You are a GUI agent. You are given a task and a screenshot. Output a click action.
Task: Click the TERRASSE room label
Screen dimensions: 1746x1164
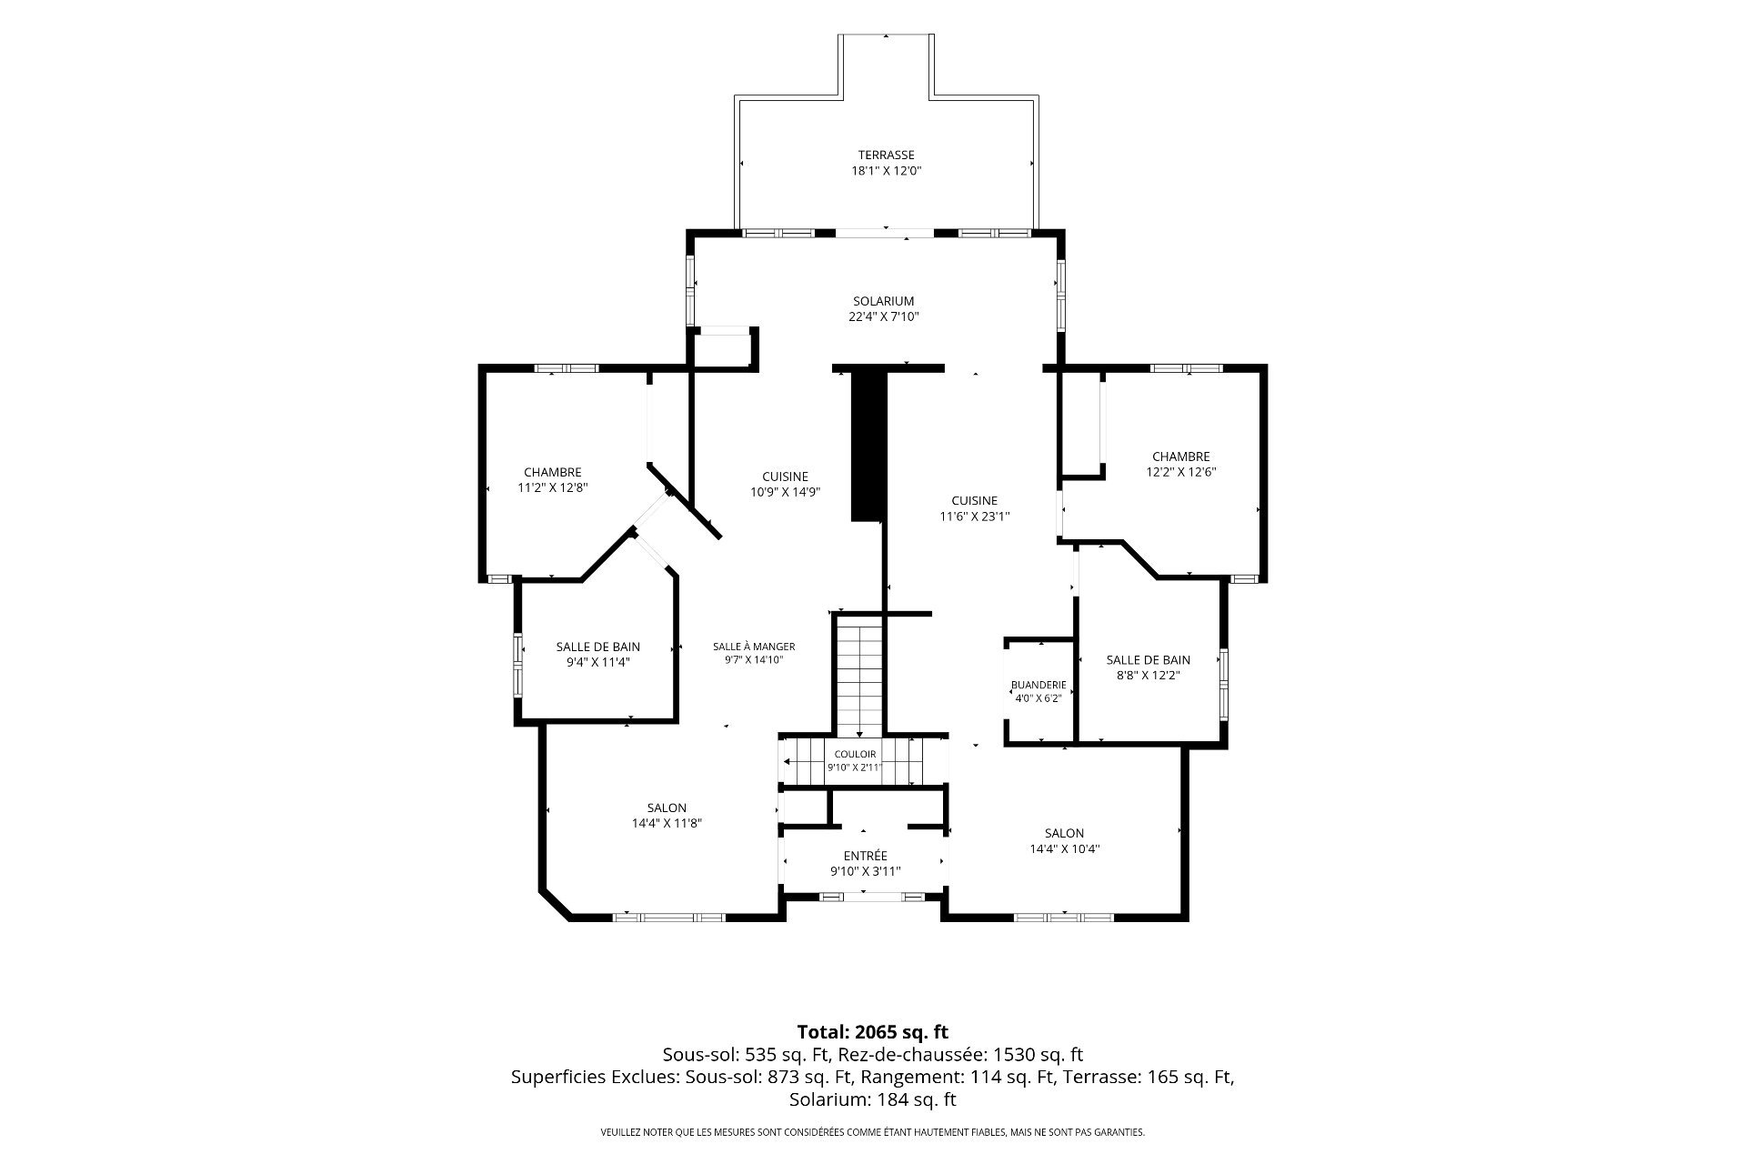coord(886,155)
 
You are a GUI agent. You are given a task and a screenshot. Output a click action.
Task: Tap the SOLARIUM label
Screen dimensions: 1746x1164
coord(883,301)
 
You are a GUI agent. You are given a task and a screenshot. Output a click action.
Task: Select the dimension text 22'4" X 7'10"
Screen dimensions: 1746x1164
coord(883,317)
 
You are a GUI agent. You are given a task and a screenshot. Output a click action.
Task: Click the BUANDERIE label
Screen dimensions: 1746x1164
coord(1038,685)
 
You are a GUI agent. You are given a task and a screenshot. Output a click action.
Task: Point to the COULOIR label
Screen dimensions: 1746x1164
coord(855,754)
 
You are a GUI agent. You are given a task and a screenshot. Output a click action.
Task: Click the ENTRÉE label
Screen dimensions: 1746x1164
coord(865,856)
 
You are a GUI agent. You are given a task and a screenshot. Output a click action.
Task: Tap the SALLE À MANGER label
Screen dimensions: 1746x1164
coord(754,647)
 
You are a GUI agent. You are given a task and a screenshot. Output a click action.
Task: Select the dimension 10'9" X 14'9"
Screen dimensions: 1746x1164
coord(785,492)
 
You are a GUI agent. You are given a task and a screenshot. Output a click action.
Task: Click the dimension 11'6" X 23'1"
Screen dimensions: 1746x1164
coord(975,517)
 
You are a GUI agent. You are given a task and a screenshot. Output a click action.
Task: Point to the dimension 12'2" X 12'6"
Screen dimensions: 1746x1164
coord(1180,472)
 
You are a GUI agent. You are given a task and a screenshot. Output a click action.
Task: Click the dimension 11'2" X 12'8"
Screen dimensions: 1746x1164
coord(552,487)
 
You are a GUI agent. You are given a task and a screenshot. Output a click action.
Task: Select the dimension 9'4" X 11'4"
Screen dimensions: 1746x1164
coord(597,663)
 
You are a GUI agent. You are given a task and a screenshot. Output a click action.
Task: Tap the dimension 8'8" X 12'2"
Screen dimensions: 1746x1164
coord(1148,676)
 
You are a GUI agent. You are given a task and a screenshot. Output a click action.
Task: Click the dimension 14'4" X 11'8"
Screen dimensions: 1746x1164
coord(667,824)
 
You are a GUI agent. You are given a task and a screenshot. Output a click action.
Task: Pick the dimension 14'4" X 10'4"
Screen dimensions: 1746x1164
coord(1064,848)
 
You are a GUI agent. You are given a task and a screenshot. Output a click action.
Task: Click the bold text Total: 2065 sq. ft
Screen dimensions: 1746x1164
coord(872,1032)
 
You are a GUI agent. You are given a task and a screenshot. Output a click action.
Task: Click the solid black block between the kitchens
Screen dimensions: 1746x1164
coord(868,445)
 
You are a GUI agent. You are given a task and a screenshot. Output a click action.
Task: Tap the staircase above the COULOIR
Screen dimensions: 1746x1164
coord(859,675)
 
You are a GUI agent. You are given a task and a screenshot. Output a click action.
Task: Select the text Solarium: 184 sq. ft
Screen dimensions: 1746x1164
coord(872,1100)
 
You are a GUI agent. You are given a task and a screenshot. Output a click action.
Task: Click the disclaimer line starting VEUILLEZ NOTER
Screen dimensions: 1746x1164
coord(872,1133)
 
